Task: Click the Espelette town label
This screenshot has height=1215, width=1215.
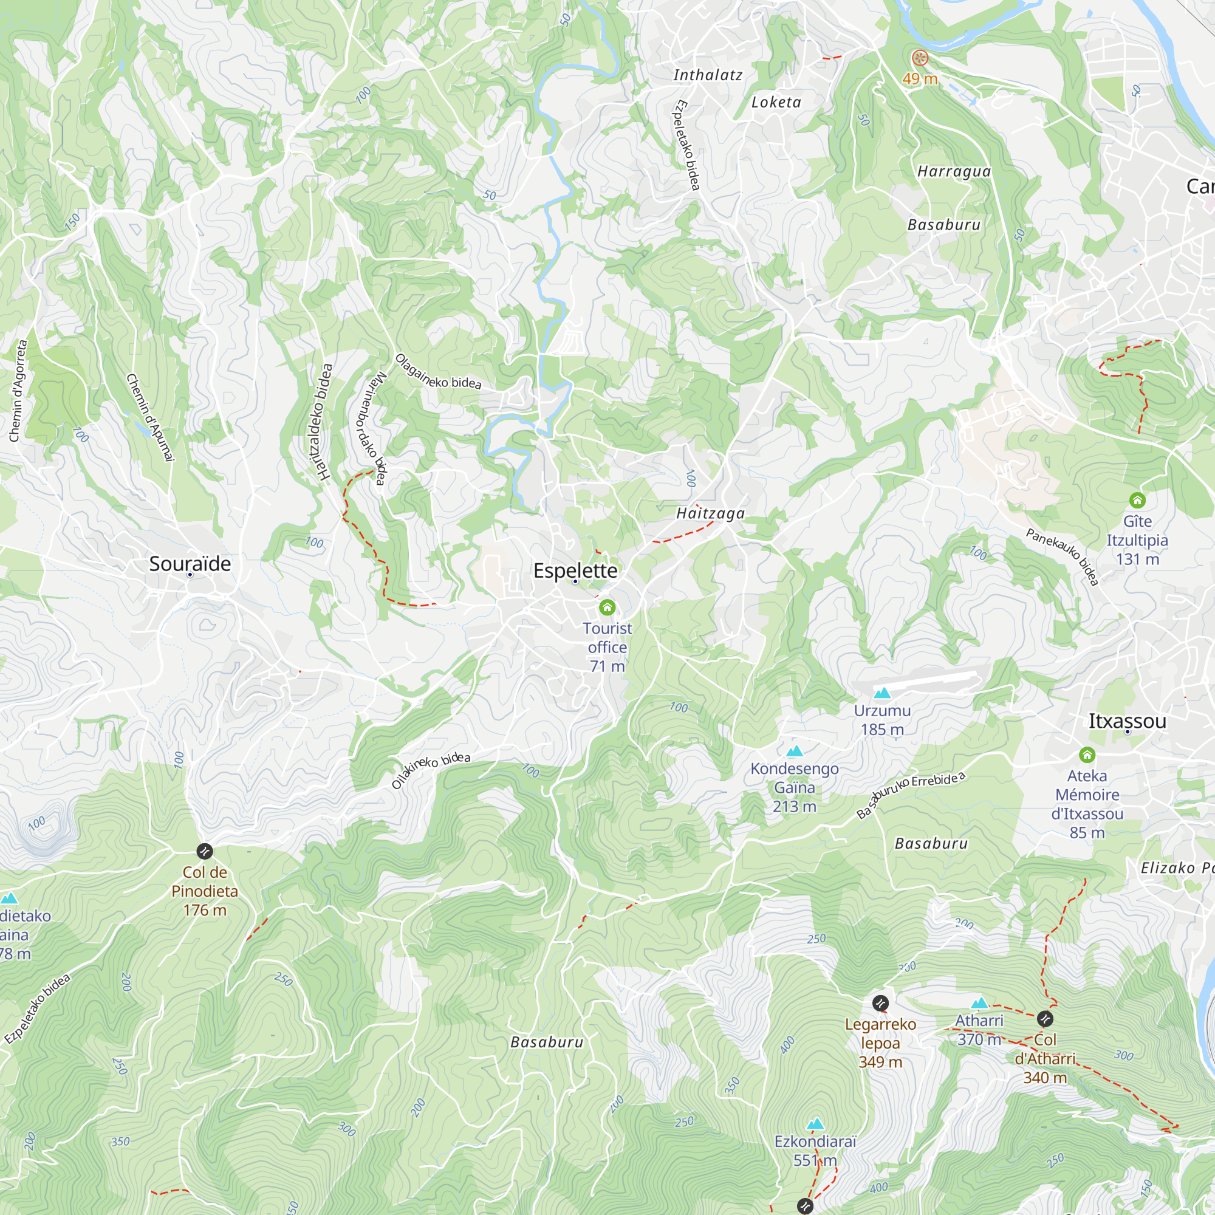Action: pos(575,570)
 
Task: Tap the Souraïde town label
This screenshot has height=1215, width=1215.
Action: pos(190,564)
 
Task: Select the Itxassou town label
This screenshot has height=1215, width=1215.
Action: pos(1127,720)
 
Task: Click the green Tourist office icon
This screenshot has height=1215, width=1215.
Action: pos(607,607)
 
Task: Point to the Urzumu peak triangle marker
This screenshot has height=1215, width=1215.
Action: pos(882,693)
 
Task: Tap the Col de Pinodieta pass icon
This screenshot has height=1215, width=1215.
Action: pos(204,852)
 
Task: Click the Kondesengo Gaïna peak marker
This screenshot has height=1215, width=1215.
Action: pos(794,751)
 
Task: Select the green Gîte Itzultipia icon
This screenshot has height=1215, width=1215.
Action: pos(1137,501)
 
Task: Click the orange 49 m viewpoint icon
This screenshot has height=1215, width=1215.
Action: pos(919,59)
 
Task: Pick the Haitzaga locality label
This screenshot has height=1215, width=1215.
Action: pos(710,514)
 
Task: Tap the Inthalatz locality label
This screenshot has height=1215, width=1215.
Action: pos(708,75)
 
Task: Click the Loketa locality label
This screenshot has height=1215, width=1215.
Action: pos(776,103)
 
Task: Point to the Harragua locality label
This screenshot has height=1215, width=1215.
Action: pos(953,172)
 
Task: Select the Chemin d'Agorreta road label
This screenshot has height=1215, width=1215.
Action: pos(18,391)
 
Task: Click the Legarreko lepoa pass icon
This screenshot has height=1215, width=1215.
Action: pos(880,1002)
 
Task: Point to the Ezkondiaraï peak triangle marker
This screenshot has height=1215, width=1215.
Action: pos(815,1124)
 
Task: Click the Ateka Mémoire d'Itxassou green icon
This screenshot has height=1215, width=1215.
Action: pos(1087,755)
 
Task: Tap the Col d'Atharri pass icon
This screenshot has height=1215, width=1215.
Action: pos(1044,1018)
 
